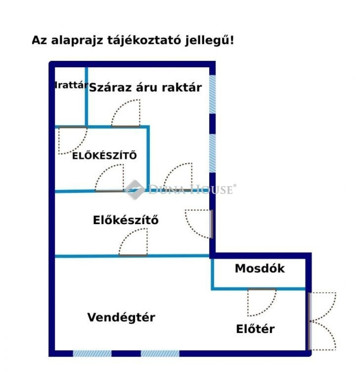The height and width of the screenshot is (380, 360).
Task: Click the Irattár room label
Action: pyautogui.click(x=71, y=85)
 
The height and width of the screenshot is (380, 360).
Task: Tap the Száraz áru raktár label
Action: pyautogui.click(x=145, y=88)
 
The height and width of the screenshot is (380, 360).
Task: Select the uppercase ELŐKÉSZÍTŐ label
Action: pyautogui.click(x=104, y=156)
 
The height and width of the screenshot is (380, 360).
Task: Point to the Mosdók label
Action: pyautogui.click(x=259, y=268)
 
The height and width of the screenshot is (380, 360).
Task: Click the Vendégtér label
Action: pyautogui.click(x=121, y=317)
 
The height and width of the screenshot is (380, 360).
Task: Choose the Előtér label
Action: pyautogui.click(x=255, y=329)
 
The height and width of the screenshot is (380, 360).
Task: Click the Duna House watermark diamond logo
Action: pyautogui.click(x=135, y=190)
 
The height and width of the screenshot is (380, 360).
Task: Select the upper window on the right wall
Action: pyautogui.click(x=212, y=94)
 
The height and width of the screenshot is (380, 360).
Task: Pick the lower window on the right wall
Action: pyautogui.click(x=212, y=153)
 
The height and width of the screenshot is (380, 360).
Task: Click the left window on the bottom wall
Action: pyautogui.click(x=92, y=353)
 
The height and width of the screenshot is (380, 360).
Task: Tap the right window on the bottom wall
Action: pyautogui.click(x=160, y=353)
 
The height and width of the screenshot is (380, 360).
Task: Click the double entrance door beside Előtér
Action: pyautogui.click(x=322, y=321)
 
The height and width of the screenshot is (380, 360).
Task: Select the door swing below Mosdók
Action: pyautogui.click(x=262, y=303)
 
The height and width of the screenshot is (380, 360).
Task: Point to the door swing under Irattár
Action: pyautogui.click(x=73, y=140)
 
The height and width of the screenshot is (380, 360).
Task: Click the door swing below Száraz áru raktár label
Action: pyautogui.click(x=126, y=113)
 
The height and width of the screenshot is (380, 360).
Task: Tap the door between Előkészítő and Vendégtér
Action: pyautogui.click(x=133, y=242)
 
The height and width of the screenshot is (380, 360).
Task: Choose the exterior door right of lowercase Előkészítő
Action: pyautogui.click(x=199, y=224)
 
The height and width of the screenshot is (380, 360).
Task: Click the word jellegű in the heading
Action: pyautogui.click(x=210, y=40)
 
